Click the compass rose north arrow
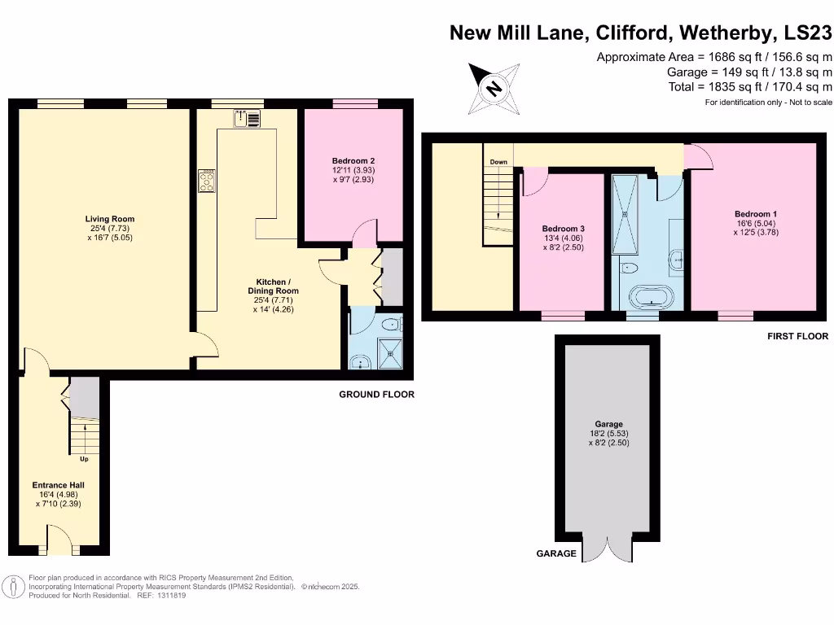click(x=493, y=88)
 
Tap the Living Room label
click(x=111, y=219)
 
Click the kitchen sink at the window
click(x=247, y=119)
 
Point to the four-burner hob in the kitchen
click(x=206, y=180)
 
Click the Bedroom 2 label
click(x=353, y=161)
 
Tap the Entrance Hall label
click(x=59, y=485)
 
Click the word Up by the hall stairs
click(x=84, y=459)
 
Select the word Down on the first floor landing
click(x=498, y=162)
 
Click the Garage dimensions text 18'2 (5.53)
click(x=608, y=434)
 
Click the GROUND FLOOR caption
click(x=376, y=395)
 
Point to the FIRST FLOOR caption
click(x=797, y=336)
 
